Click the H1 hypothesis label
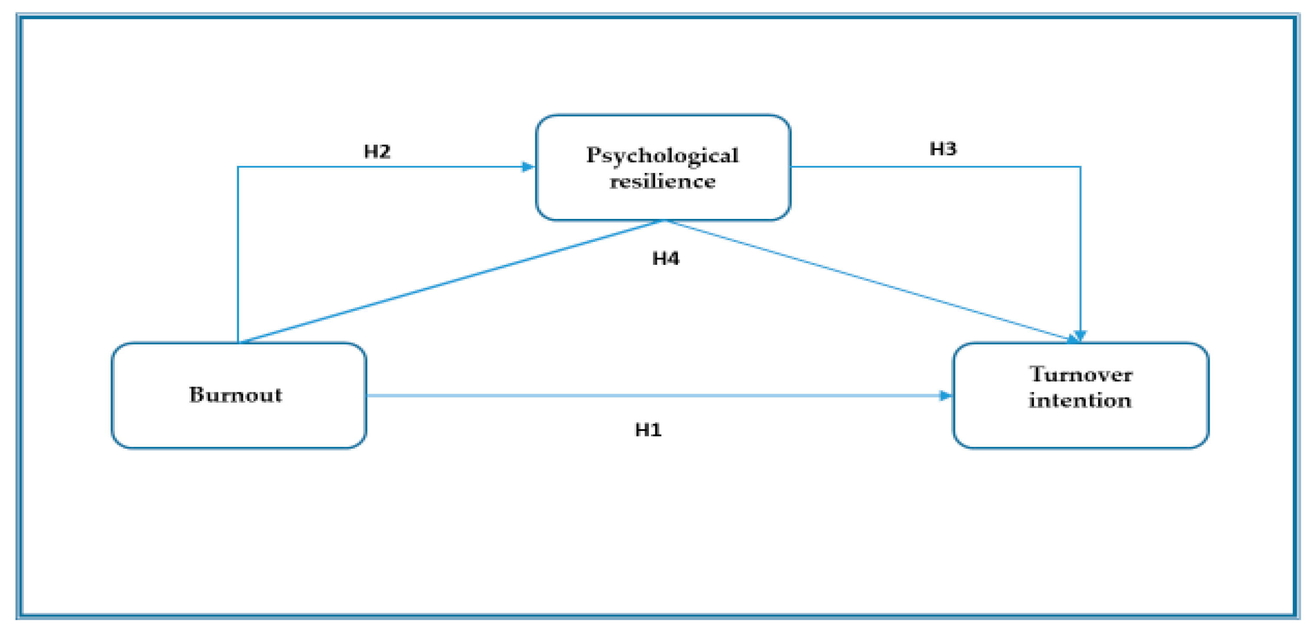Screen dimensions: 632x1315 [648, 430]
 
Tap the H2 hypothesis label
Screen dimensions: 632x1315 [377, 151]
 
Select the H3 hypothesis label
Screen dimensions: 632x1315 [942, 149]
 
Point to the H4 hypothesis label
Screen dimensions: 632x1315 [665, 259]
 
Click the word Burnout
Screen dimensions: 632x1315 [236, 395]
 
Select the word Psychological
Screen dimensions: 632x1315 [662, 155]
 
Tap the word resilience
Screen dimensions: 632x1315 [662, 182]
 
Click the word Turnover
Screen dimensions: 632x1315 [1080, 375]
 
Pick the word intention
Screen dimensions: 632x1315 [1079, 401]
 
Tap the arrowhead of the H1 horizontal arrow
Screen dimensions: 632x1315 [945, 396]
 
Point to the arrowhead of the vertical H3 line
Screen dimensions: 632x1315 [1080, 336]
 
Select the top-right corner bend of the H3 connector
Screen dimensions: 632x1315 [1080, 167]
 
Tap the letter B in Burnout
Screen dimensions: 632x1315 [197, 394]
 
